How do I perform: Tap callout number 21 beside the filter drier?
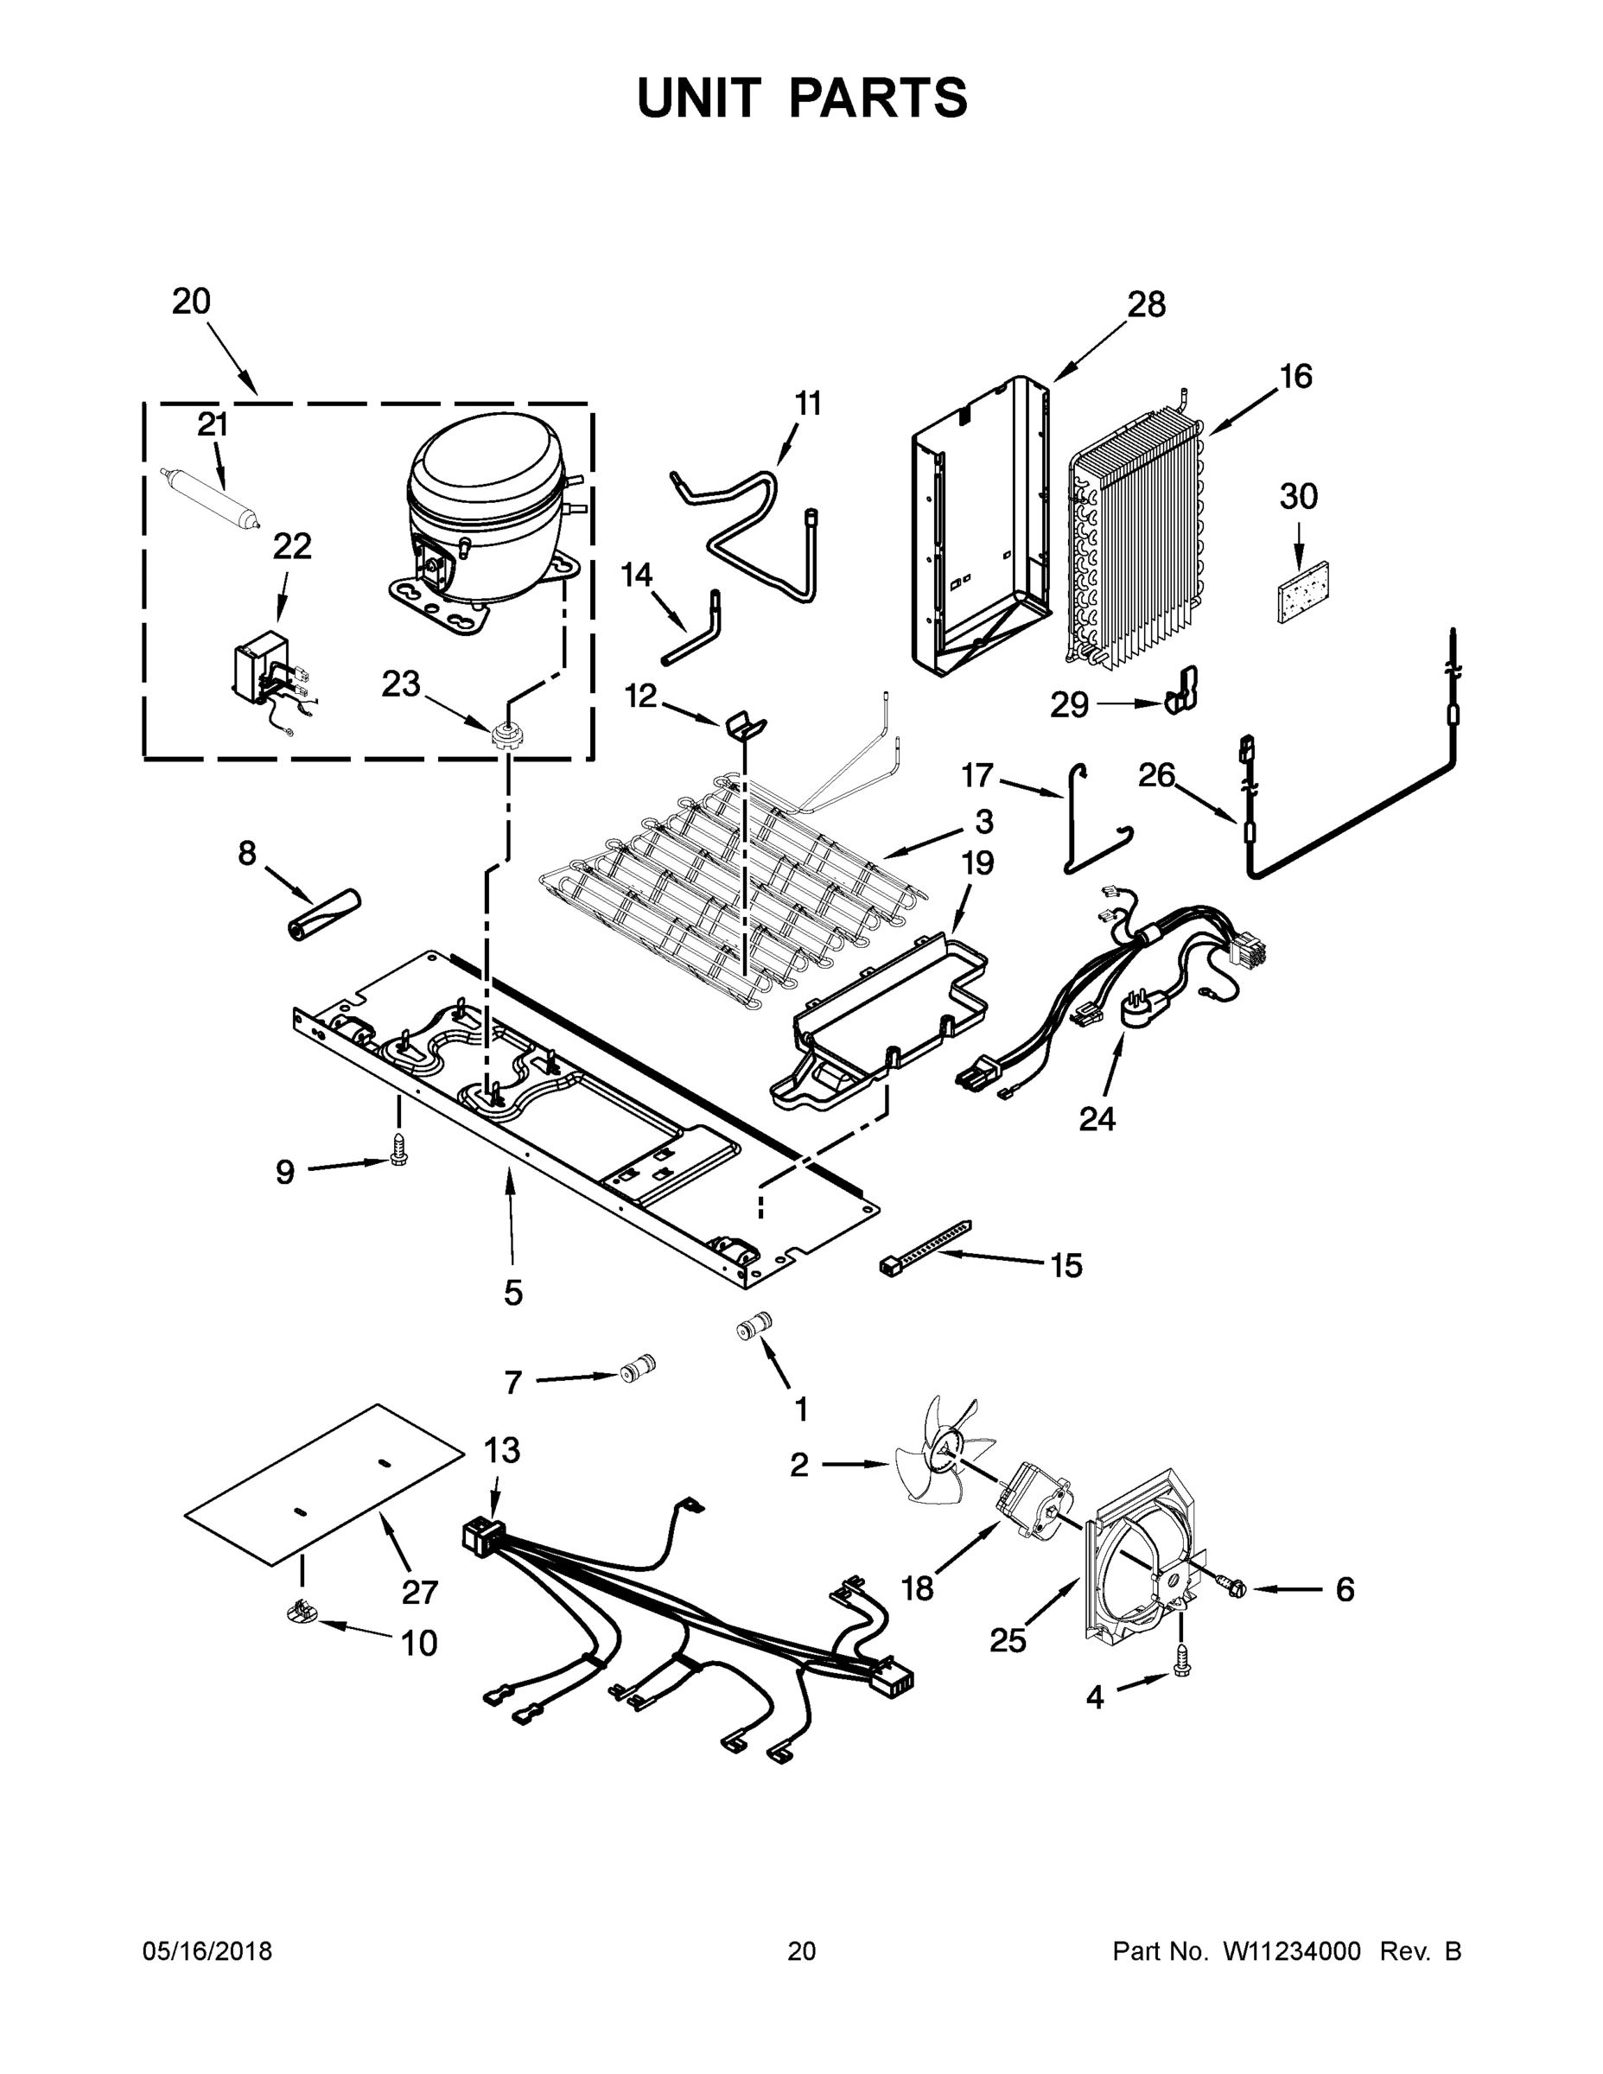(x=213, y=424)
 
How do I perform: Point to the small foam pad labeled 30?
(x=1302, y=592)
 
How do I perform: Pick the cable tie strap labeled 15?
(x=926, y=1246)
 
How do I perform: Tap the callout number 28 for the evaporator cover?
(x=1145, y=305)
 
